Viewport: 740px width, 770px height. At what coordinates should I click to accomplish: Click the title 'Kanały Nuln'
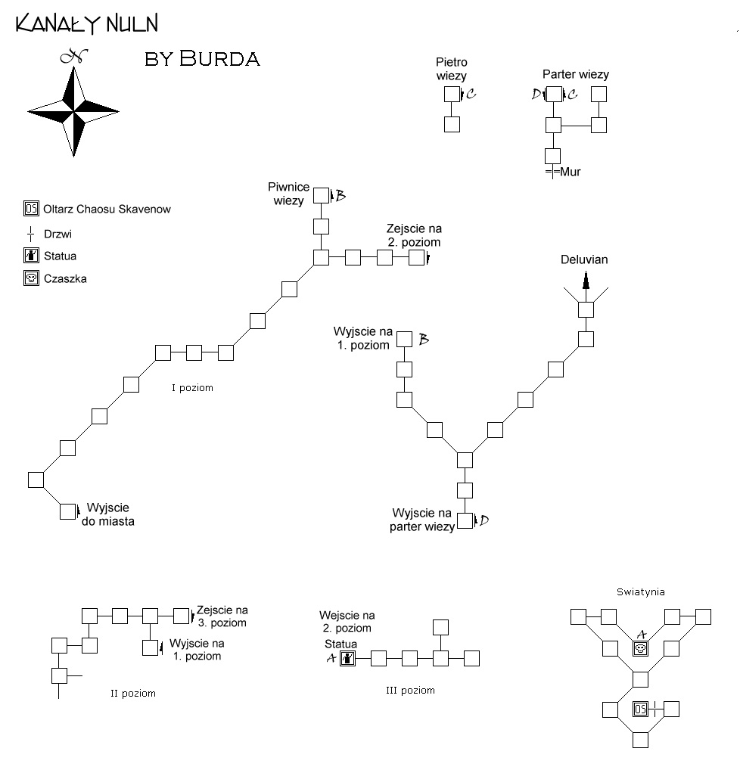87,23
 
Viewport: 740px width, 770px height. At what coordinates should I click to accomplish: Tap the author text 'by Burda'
202,59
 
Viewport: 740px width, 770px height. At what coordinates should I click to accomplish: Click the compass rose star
73,111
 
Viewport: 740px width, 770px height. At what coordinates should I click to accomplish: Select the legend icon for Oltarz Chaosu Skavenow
32,209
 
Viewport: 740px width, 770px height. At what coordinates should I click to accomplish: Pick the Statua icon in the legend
32,256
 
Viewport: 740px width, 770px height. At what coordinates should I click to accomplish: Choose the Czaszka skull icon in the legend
32,278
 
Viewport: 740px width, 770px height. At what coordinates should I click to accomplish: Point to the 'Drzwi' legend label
58,234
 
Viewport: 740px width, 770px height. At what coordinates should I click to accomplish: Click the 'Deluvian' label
584,259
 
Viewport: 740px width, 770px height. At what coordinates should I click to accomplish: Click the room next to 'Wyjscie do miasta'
68,511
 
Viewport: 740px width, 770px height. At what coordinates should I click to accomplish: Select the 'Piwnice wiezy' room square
322,195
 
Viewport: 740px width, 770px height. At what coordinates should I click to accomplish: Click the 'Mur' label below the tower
570,172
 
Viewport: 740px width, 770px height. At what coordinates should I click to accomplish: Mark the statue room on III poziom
347,658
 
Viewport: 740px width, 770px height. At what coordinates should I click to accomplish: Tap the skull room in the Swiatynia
640,649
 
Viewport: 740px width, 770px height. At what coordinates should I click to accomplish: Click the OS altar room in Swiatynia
640,709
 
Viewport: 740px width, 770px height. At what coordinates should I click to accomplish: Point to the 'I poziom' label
193,388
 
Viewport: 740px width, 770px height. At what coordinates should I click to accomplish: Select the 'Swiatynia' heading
641,592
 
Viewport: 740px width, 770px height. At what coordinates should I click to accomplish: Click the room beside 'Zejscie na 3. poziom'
182,616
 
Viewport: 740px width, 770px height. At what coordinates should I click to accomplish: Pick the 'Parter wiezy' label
576,74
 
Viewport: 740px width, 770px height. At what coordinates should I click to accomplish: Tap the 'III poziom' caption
410,691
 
